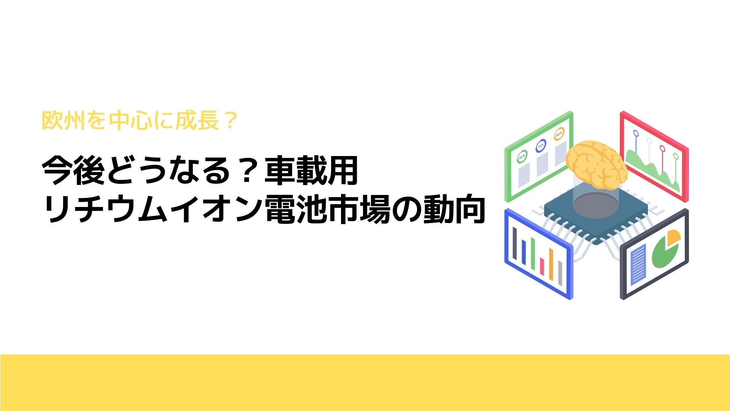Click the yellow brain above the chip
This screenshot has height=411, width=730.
(x=596, y=165)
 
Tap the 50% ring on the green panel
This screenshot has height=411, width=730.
(x=522, y=156)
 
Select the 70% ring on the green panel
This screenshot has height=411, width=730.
(x=540, y=146)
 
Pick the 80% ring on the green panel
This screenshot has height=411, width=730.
(x=559, y=134)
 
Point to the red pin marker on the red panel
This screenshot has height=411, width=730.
(x=662, y=148)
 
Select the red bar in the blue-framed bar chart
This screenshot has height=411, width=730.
(x=542, y=266)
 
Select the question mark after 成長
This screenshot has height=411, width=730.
(x=229, y=121)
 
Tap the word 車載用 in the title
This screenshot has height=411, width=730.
(x=311, y=171)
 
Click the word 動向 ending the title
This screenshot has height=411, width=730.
(x=454, y=210)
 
